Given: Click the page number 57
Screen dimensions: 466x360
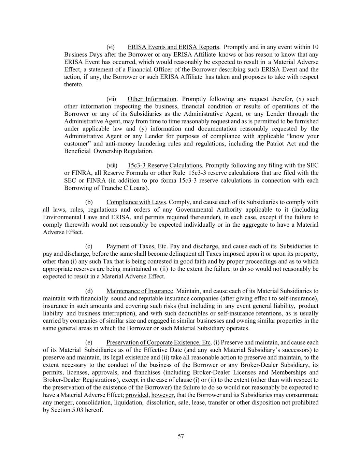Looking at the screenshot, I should coord(181,436).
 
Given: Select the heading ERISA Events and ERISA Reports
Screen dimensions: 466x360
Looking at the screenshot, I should coord(173,47).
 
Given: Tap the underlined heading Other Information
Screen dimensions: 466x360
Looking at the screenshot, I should coord(152,99).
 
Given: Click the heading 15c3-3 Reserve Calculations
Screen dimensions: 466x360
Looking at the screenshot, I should coord(165,166).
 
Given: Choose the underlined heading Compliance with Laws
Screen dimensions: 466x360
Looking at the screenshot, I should coord(136,202).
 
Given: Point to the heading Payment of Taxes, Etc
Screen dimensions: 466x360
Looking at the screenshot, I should coord(136,246).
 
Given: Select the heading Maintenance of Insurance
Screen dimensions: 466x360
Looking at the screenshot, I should coord(140,291).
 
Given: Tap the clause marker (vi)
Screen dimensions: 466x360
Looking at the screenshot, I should coord(111,47).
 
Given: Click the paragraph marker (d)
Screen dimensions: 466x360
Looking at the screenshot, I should coord(89,291).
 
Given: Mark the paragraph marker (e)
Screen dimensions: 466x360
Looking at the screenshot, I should coord(89,343).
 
